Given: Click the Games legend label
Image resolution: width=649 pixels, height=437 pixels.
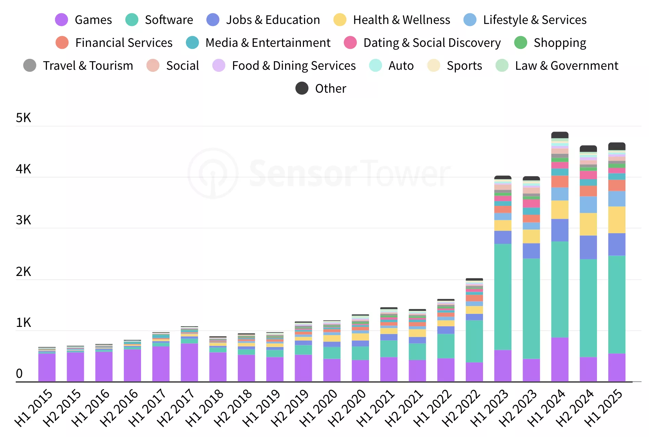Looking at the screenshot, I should pyautogui.click(x=93, y=20).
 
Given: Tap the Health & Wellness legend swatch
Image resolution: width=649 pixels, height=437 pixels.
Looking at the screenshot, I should pyautogui.click(x=340, y=20).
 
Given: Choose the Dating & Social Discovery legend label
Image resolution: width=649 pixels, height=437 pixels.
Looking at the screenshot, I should pyautogui.click(x=432, y=43).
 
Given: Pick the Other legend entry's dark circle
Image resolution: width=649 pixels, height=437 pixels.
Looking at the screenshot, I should pyautogui.click(x=302, y=88).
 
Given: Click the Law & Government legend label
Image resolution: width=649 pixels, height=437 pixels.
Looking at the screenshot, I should pyautogui.click(x=567, y=66).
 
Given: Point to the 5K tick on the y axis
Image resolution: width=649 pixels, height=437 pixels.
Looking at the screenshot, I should pyautogui.click(x=23, y=118).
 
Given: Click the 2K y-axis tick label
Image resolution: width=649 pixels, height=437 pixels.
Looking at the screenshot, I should pyautogui.click(x=23, y=272).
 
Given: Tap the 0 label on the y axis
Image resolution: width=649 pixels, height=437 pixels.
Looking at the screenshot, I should pyautogui.click(x=19, y=374).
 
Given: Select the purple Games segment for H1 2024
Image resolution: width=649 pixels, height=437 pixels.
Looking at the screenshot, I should pyautogui.click(x=560, y=359).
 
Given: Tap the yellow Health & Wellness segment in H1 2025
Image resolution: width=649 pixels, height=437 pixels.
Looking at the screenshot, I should pyautogui.click(x=616, y=220).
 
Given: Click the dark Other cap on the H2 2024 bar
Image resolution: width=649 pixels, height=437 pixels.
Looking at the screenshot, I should pyautogui.click(x=588, y=149).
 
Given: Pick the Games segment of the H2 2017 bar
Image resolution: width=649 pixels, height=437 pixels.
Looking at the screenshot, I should pyautogui.click(x=189, y=362).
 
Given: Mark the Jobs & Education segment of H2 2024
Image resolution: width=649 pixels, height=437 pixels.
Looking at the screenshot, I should pyautogui.click(x=588, y=247).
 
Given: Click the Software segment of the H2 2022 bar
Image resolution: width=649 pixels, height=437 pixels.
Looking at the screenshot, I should pyautogui.click(x=474, y=341).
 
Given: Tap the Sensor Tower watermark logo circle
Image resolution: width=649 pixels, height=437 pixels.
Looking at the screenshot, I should pyautogui.click(x=213, y=173).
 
